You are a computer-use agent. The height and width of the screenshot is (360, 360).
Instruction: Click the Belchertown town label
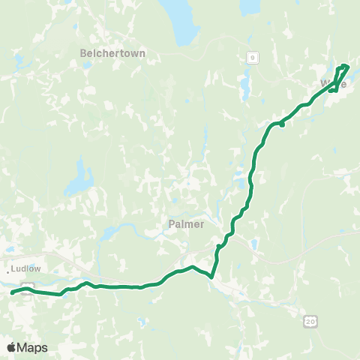pyautogui.click(x=112, y=53)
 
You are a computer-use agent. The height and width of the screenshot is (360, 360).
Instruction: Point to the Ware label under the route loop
pyautogui.click(x=334, y=84)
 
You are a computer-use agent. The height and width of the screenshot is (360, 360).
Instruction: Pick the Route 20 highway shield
pyautogui.click(x=310, y=321)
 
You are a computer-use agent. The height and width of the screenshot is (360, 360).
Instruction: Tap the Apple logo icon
pyautogui.click(x=12, y=347)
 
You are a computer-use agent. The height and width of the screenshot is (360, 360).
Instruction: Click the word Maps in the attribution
pyautogui.click(x=33, y=347)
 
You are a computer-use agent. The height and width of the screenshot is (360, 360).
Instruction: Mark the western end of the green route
pyautogui.click(x=13, y=293)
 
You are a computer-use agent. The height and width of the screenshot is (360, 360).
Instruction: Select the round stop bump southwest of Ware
pyautogui.click(x=282, y=125)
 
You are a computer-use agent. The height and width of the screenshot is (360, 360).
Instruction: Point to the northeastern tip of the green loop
pyautogui.click(x=347, y=66)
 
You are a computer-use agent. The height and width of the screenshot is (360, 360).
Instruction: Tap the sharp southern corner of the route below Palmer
pyautogui.click(x=212, y=277)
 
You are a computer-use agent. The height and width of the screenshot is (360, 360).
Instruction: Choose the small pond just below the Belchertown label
pyautogui.click(x=88, y=66)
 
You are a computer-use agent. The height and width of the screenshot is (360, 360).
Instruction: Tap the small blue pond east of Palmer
pyautogui.click(x=255, y=244)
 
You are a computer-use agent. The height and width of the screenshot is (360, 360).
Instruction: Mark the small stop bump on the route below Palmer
pyautogui.click(x=218, y=247)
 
